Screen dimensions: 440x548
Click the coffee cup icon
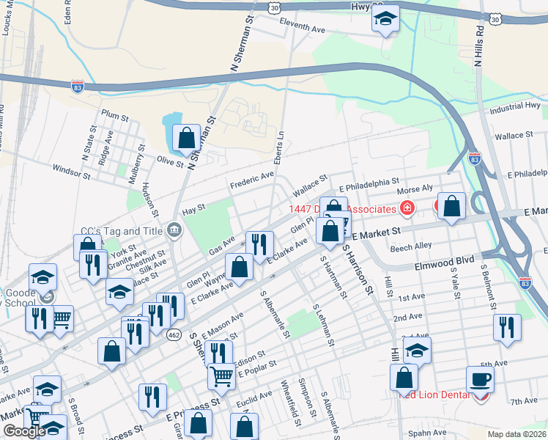point(480,379)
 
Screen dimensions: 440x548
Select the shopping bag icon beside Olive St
point(186,137)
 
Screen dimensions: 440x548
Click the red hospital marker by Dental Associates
point(407,209)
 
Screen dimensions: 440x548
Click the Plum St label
point(115,116)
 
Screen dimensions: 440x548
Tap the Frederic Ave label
point(251,179)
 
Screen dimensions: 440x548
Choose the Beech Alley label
point(411,248)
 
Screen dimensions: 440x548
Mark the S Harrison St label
point(355,268)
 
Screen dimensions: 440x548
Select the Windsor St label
point(70,171)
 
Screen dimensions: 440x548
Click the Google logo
point(24,431)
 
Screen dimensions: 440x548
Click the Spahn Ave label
point(427,433)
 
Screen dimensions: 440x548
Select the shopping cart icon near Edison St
point(222,376)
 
